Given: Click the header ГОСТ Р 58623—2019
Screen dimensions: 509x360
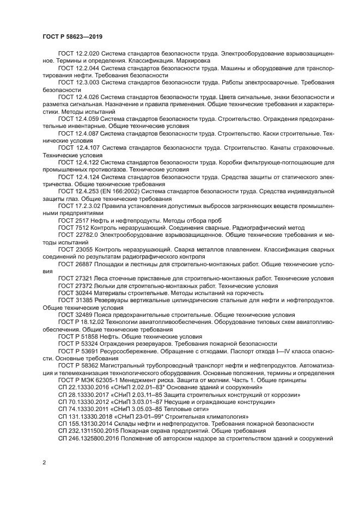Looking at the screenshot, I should (72, 36).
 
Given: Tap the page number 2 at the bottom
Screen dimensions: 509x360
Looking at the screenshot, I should (44, 463).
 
